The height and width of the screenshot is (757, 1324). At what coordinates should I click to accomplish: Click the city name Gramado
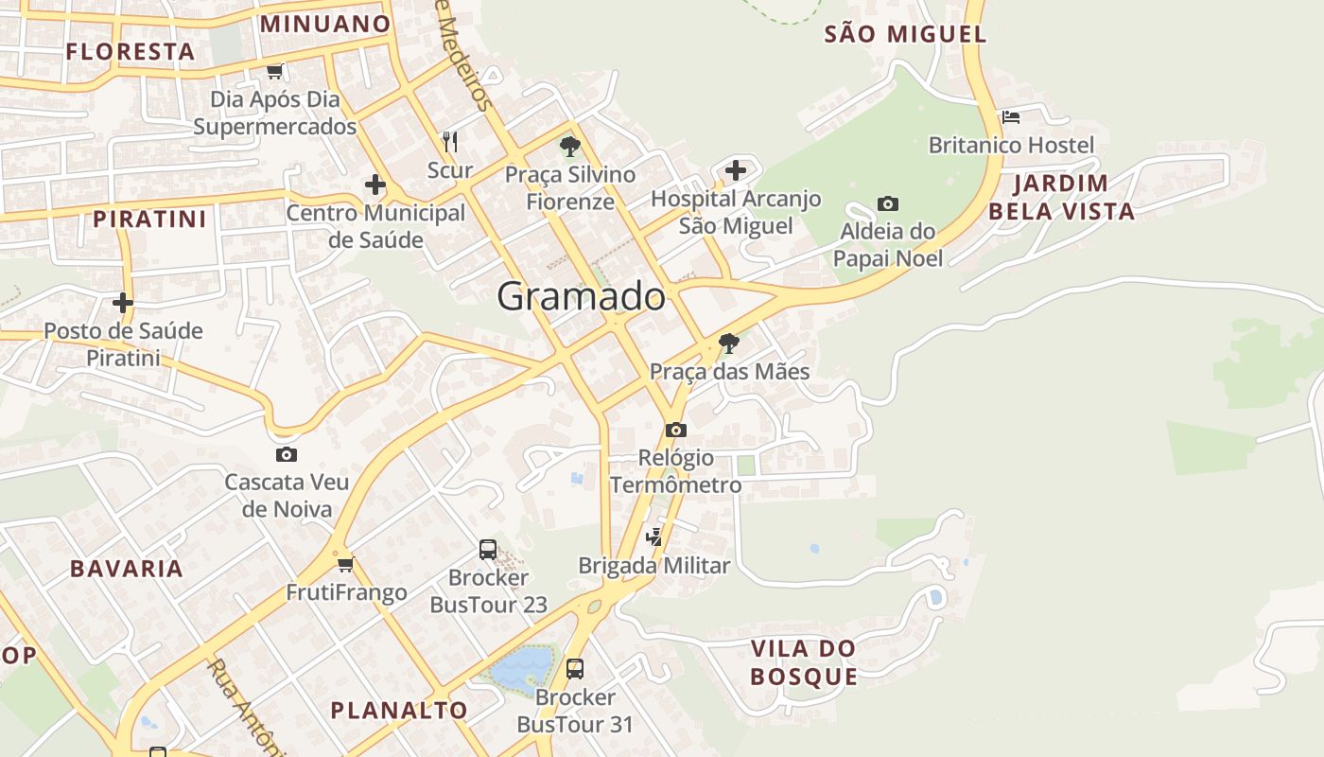tap(581, 296)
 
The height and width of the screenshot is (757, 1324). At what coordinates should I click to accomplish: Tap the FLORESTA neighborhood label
tap(131, 51)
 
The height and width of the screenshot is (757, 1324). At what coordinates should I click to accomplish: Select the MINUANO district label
tap(325, 24)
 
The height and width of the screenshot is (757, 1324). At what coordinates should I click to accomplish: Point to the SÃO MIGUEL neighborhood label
tap(905, 35)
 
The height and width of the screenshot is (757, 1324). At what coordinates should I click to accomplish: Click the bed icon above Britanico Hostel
tap(1011, 117)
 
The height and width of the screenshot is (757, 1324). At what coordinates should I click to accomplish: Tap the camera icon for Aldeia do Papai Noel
tap(887, 203)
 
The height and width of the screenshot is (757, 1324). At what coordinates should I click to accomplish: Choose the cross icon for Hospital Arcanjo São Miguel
tap(736, 170)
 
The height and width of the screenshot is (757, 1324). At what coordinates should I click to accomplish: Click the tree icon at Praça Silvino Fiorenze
tap(569, 146)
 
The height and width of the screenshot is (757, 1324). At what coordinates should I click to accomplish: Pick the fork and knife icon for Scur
tap(450, 142)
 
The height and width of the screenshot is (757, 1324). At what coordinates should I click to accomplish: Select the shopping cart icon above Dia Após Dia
tap(274, 71)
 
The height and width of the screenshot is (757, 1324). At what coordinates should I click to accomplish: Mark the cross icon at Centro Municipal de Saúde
tap(375, 185)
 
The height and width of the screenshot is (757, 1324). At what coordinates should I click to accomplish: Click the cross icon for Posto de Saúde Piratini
tap(123, 303)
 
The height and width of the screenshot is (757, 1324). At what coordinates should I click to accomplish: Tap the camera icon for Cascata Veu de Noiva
tap(286, 454)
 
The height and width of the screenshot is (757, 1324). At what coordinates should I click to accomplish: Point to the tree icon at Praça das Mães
tap(728, 343)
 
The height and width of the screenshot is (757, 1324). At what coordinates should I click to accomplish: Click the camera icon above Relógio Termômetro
tap(675, 430)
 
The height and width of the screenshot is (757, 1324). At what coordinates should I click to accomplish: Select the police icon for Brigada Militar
tap(653, 537)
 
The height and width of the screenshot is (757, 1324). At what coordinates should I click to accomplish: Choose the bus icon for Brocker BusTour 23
tap(488, 549)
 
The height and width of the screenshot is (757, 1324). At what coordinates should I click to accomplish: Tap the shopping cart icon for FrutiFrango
tap(345, 565)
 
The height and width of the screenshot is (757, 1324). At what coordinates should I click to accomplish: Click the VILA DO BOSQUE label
tap(803, 662)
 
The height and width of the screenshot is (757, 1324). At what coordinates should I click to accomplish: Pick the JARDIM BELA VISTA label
tap(1061, 197)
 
